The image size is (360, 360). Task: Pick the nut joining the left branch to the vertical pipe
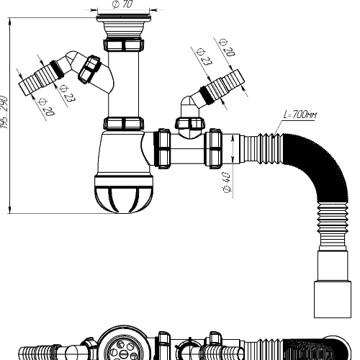tap(91, 71)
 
